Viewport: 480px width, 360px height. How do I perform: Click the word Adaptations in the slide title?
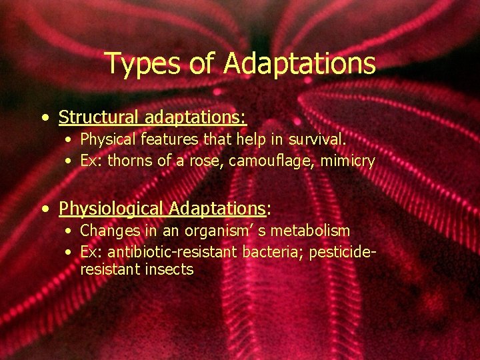click(299, 64)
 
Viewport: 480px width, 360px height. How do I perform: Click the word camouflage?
click(260, 161)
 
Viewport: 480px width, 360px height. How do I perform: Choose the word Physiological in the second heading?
click(111, 209)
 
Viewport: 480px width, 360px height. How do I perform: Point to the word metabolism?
click(311, 231)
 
